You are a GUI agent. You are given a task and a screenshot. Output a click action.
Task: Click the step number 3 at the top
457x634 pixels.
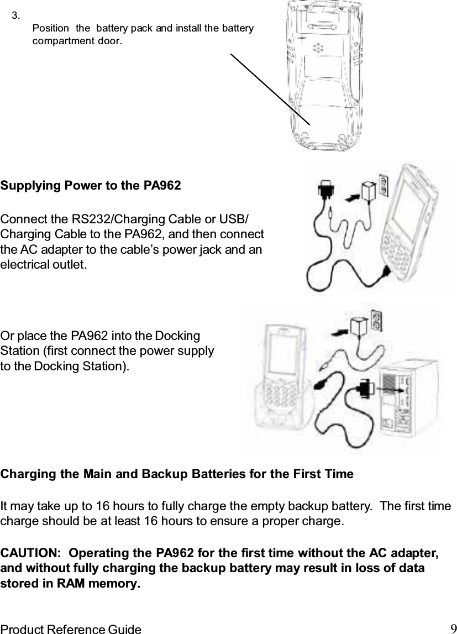(x=17, y=14)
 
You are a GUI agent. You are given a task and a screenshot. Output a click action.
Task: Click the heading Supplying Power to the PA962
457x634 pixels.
(x=91, y=186)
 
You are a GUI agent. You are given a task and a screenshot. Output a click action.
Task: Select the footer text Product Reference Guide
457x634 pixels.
(x=71, y=629)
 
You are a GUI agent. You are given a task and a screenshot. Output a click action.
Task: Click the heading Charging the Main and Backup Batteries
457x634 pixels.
(x=177, y=474)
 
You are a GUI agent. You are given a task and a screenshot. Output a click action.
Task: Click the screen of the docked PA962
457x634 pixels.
(x=282, y=354)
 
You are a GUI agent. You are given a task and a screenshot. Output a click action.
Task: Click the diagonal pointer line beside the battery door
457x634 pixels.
(x=271, y=90)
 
